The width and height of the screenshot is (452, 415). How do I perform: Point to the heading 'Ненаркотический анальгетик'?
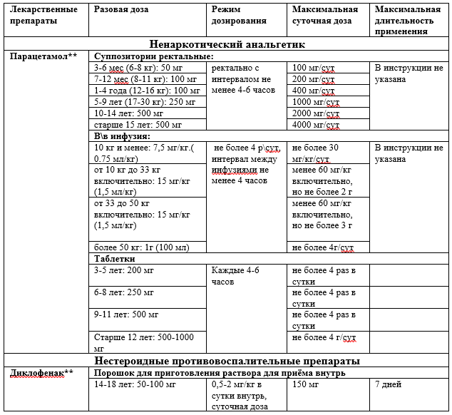[x=227, y=44]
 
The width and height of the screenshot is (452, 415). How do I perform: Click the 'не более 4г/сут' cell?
[x=323, y=247]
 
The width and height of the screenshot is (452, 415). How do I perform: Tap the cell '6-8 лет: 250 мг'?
[x=124, y=293]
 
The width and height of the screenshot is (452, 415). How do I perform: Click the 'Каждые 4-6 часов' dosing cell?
[x=236, y=276]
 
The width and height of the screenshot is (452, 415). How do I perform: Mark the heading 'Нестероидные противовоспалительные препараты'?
[x=227, y=361]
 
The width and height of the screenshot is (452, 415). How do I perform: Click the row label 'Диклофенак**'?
[x=43, y=372]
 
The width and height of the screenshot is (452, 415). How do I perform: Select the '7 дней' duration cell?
[x=389, y=384]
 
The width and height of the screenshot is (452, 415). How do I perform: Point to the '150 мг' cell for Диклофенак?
[x=304, y=384]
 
